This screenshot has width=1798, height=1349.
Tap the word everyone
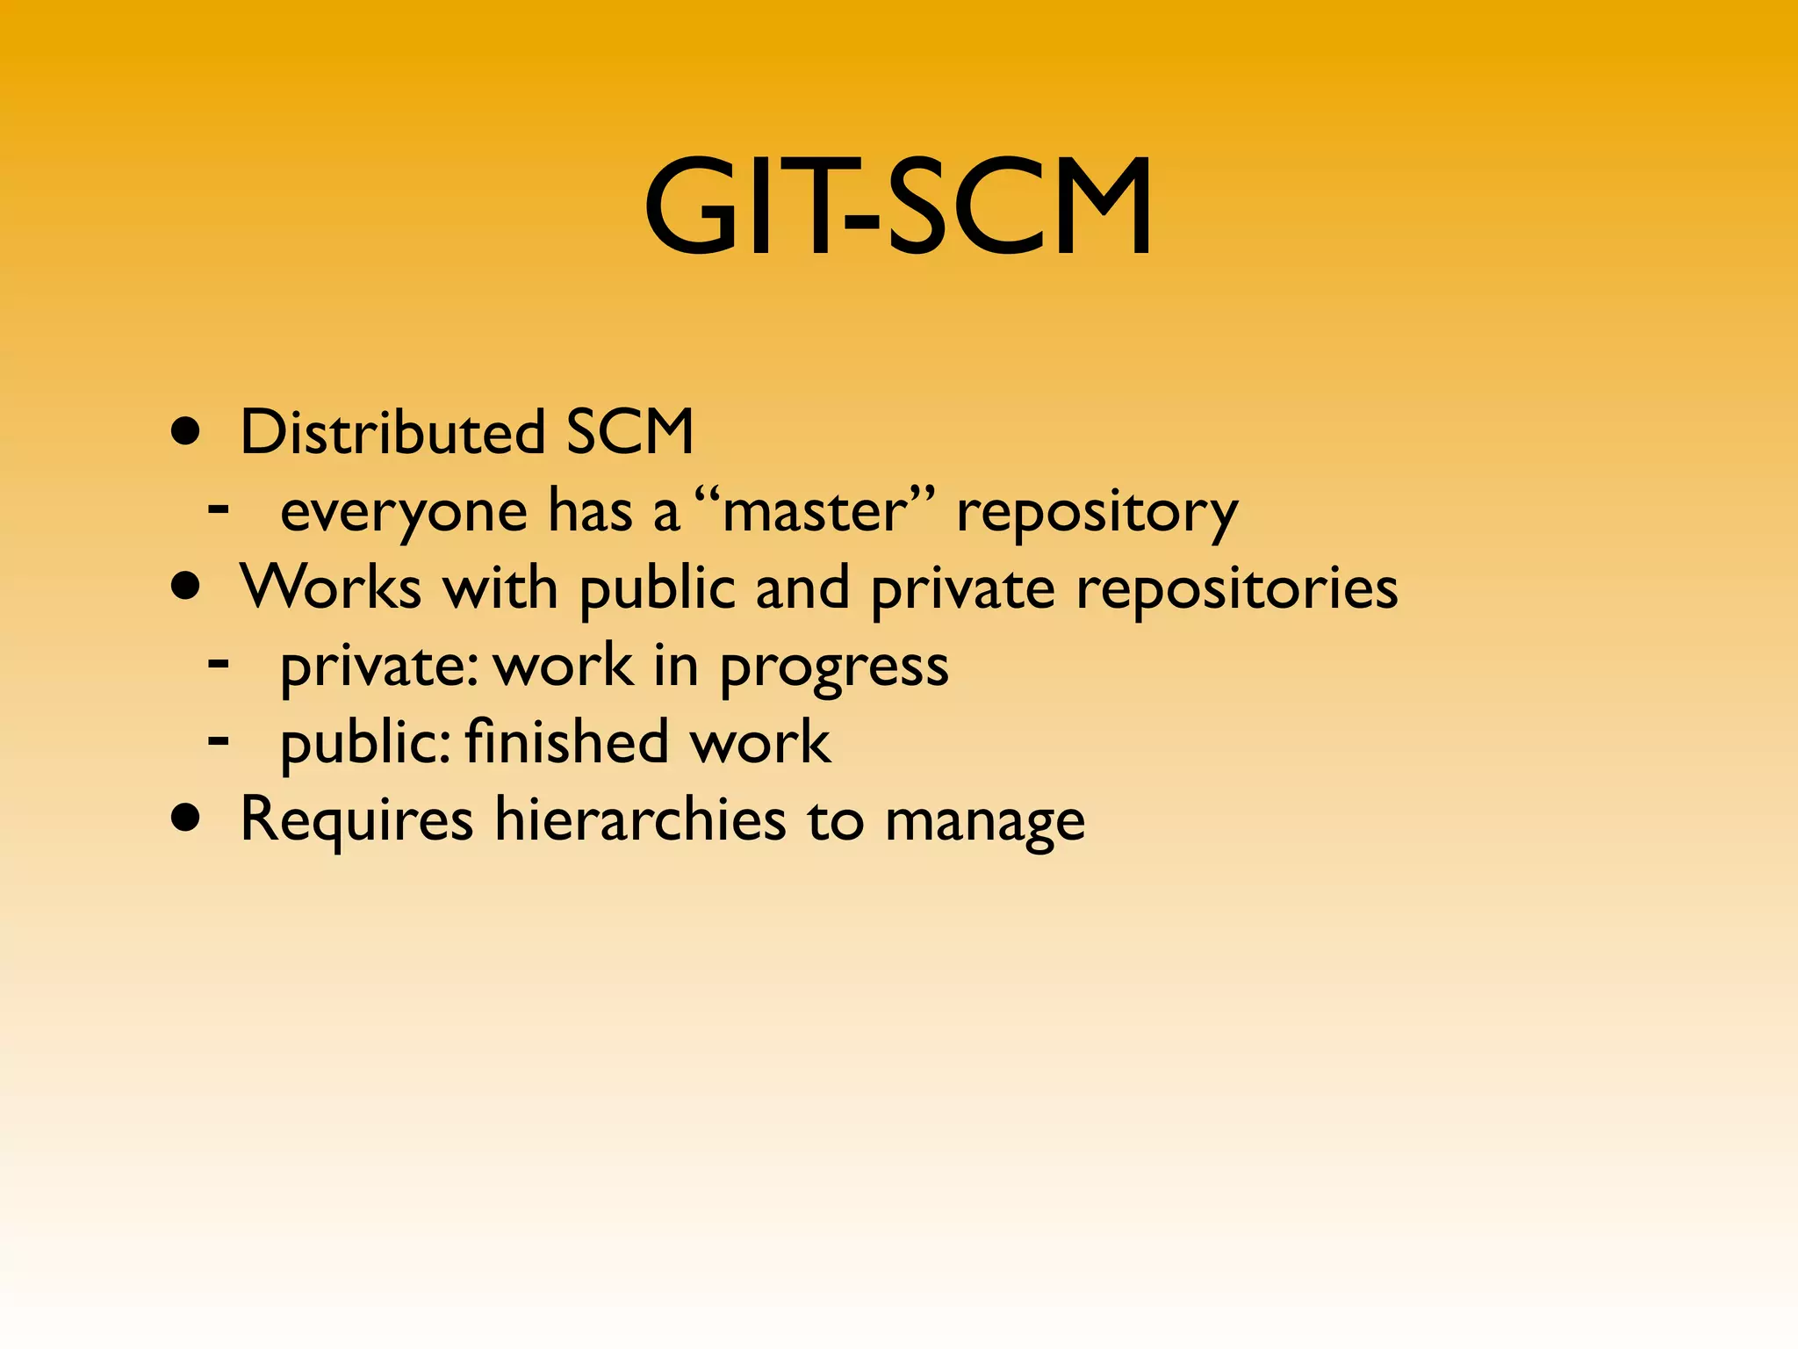[x=404, y=511]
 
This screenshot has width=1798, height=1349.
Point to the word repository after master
[x=1097, y=511]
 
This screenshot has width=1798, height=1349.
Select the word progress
[x=834, y=666]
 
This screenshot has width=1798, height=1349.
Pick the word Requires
[x=356, y=819]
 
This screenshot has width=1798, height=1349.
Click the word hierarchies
[x=640, y=819]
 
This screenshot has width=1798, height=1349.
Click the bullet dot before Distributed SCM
[x=185, y=432]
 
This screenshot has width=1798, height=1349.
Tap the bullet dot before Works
[x=185, y=587]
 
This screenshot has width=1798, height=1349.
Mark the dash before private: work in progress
[x=219, y=662]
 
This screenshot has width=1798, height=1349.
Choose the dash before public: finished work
[x=219, y=739]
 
